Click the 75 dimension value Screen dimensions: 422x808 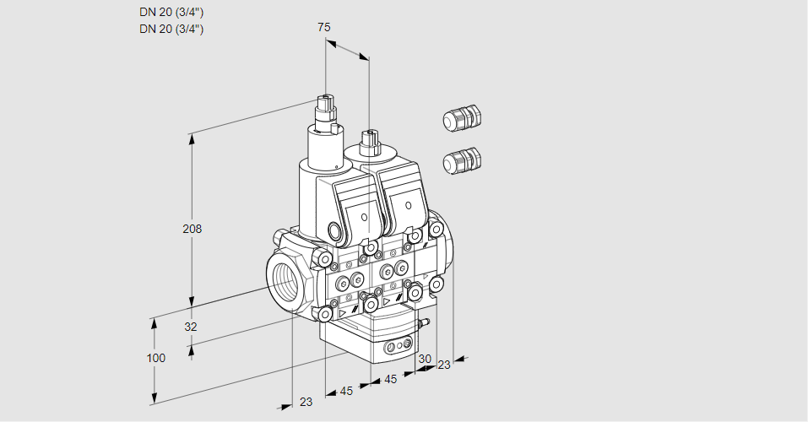tap(324, 27)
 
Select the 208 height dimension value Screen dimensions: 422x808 tap(193, 229)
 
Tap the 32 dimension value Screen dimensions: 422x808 tap(191, 327)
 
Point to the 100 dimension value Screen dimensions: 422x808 tap(155, 358)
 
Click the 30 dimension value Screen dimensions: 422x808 tap(424, 358)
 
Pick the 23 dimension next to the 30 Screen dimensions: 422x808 tap(443, 365)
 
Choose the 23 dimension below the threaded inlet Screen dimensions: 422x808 tap(306, 402)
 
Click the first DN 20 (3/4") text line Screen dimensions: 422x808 tap(171, 12)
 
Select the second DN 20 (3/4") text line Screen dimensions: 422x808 tap(171, 29)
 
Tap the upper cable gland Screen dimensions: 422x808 tap(461, 119)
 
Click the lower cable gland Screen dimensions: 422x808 tap(461, 160)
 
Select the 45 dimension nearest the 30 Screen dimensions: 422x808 tap(390, 380)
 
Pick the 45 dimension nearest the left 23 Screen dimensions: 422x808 tap(346, 391)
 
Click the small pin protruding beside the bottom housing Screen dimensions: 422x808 tap(426, 322)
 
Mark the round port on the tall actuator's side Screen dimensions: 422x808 tap(334, 230)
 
